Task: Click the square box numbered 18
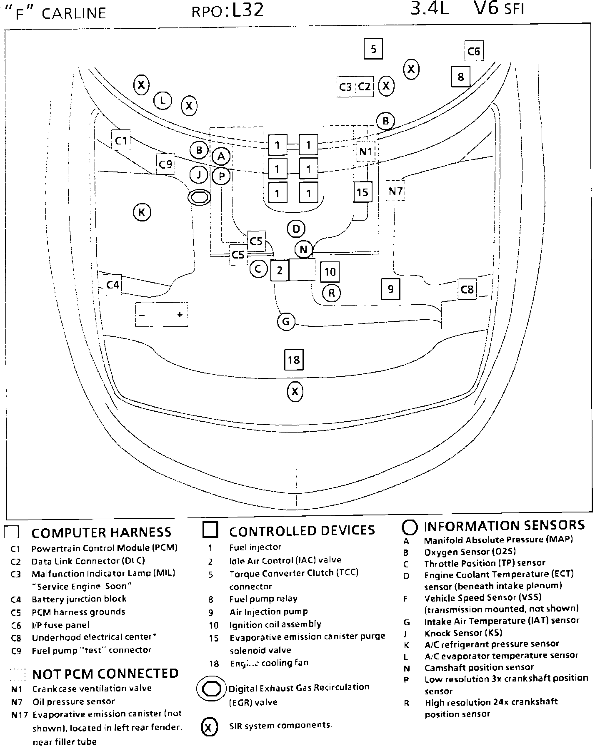click(294, 360)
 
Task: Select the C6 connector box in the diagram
click(474, 51)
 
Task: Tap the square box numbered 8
click(460, 77)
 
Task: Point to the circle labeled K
click(142, 213)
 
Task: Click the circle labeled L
click(163, 100)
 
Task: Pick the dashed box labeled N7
click(395, 191)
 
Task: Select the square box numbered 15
click(362, 192)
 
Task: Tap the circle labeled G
click(286, 321)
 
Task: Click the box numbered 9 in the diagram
click(390, 288)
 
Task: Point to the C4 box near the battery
click(112, 285)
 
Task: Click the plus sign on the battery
click(180, 315)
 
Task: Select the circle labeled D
click(296, 229)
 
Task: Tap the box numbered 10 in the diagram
click(330, 272)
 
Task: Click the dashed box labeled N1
click(366, 152)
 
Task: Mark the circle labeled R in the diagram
click(332, 293)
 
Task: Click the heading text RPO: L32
click(227, 10)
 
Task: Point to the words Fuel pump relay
click(263, 599)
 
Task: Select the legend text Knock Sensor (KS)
click(463, 633)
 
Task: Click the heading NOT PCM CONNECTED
click(105, 674)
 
